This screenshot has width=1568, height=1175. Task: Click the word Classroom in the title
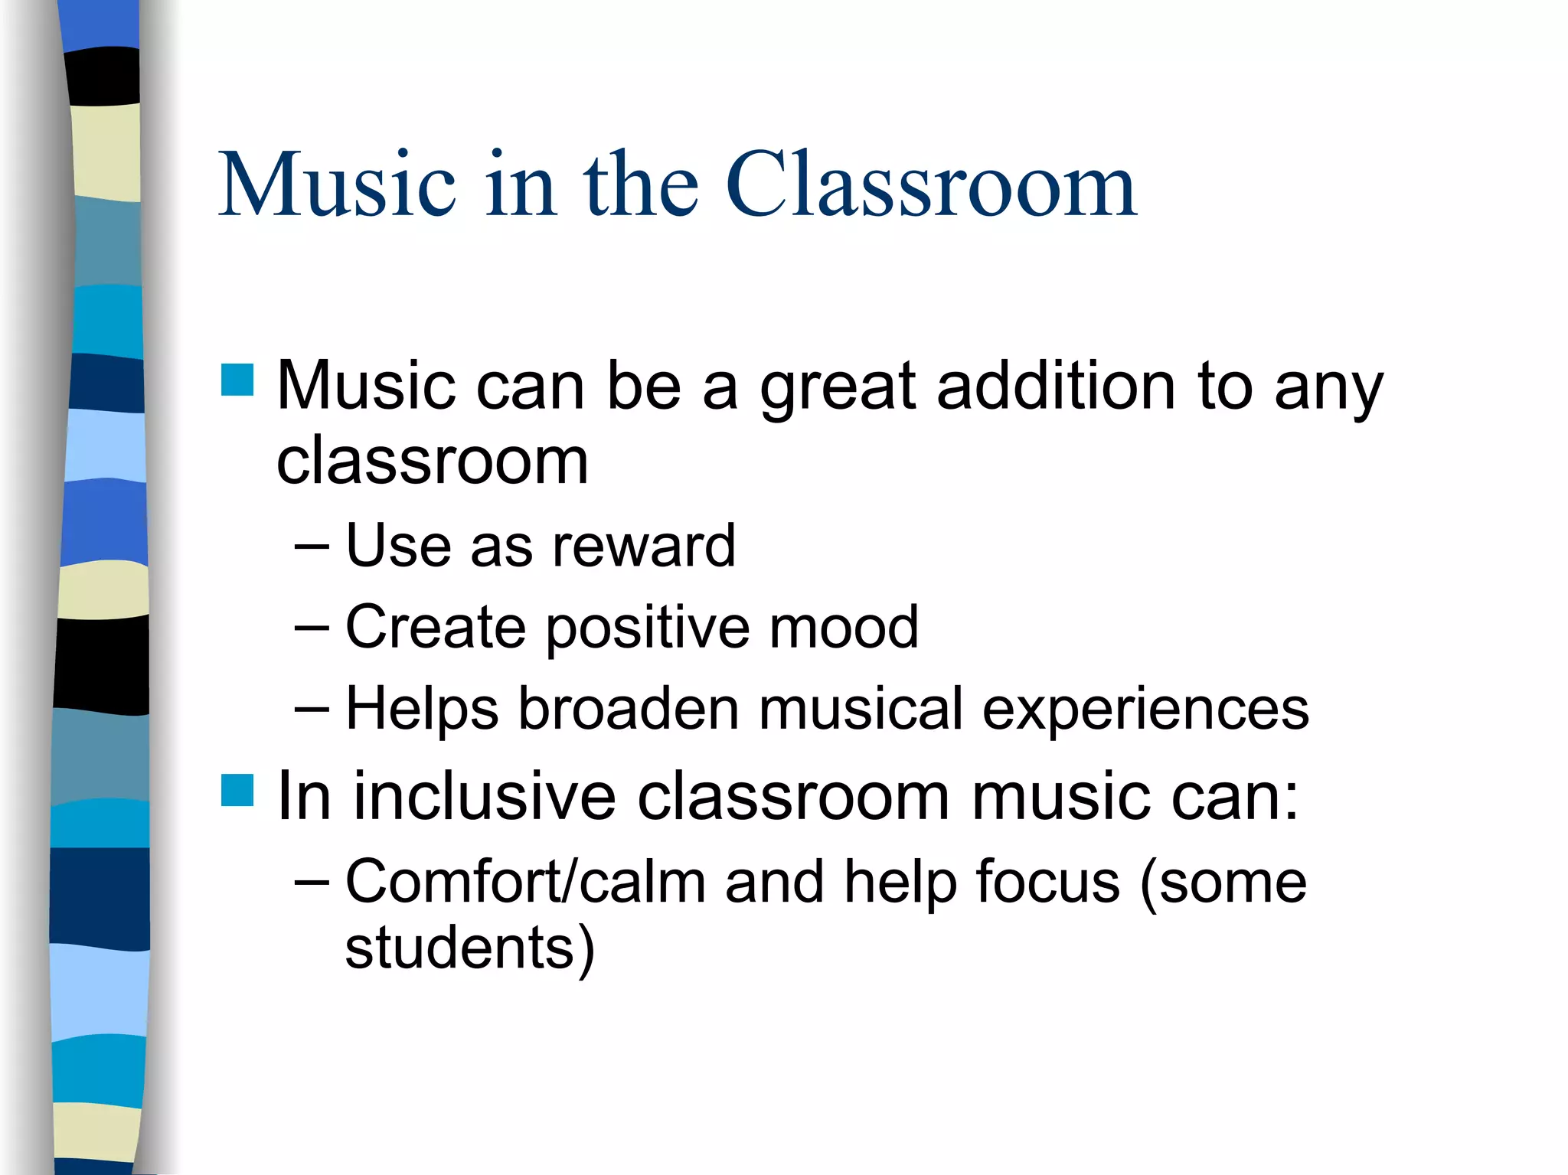(930, 184)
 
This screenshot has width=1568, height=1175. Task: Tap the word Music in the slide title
(338, 184)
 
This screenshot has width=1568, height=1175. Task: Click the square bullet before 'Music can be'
(237, 380)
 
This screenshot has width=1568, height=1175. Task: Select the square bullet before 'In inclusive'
(237, 790)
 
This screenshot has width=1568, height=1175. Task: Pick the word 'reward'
(643, 547)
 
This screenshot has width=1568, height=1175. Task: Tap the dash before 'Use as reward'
(311, 547)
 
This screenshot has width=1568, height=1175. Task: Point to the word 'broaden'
(629, 709)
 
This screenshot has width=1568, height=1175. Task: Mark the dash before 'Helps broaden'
(311, 709)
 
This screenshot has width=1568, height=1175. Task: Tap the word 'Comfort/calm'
(525, 882)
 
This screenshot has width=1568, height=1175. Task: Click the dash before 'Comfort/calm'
(311, 882)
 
